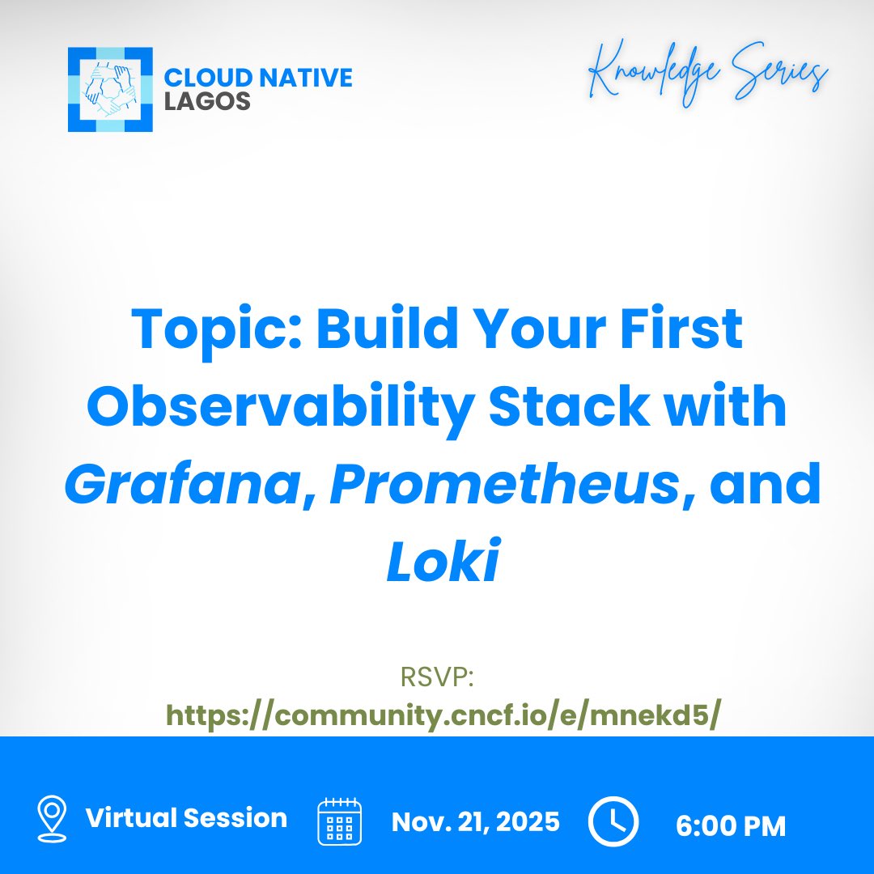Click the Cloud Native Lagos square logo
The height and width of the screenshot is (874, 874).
110,90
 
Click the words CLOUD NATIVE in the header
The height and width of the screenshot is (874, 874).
258,78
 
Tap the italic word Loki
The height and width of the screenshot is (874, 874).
441,564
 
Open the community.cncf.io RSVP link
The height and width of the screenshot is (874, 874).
442,715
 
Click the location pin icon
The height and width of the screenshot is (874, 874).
52,818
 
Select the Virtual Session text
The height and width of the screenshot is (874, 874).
186,818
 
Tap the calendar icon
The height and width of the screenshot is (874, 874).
339,821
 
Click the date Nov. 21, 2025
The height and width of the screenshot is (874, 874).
476,822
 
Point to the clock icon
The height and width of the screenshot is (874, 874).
613,821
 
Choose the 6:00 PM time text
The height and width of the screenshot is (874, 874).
731,825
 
